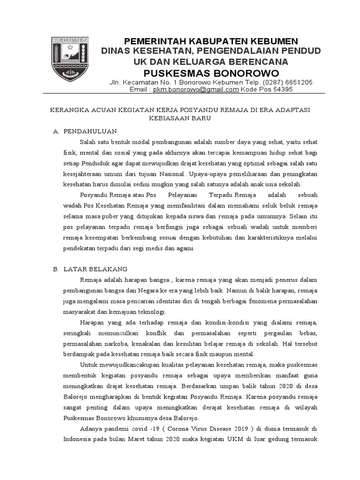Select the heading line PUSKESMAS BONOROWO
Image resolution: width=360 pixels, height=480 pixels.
tap(210, 73)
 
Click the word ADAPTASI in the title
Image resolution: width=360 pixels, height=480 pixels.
tap(292, 110)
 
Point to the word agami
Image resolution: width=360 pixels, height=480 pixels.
tap(184, 248)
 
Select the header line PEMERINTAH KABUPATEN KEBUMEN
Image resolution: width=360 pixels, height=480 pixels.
tap(210, 41)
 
